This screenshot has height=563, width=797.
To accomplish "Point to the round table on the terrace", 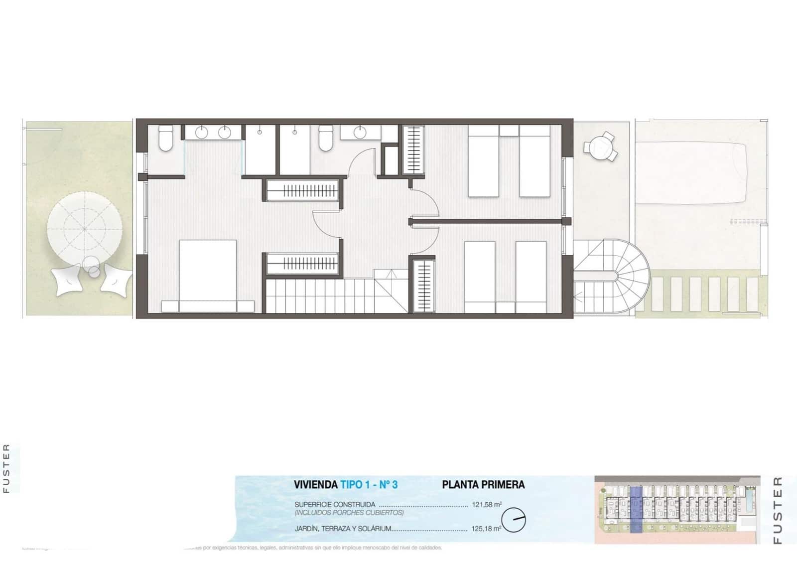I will [601, 146].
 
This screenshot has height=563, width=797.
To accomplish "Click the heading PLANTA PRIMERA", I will [483, 484].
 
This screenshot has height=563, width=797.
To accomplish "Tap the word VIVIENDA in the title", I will [315, 484].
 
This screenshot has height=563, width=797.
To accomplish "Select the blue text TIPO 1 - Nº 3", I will [369, 484].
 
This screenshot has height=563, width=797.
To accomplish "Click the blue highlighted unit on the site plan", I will [636, 510].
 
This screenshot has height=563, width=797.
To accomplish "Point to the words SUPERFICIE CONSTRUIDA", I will [335, 504].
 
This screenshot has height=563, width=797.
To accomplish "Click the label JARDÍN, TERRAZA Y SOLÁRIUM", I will [343, 529].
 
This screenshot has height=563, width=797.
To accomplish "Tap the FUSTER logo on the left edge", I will [6, 468].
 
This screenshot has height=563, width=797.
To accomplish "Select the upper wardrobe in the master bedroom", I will [303, 190].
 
